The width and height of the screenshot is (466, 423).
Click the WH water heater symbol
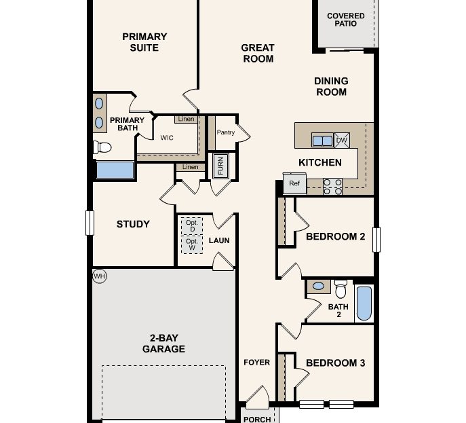[100, 276]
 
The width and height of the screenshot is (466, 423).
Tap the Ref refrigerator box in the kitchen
[294, 183]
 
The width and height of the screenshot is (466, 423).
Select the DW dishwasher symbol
[342, 141]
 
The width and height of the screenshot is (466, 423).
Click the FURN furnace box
[219, 166]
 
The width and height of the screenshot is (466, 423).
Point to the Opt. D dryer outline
[191, 225]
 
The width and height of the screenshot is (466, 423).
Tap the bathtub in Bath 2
[364, 303]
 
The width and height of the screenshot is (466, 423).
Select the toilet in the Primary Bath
[102, 147]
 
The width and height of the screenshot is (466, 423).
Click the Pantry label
[226, 132]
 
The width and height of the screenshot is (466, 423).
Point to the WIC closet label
[167, 137]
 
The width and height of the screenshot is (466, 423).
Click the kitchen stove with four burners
[332, 186]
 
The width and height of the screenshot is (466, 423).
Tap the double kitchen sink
[322, 141]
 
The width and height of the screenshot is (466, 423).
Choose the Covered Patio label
[345, 19]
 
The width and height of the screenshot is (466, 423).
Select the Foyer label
[256, 363]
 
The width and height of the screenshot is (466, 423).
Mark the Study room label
[133, 224]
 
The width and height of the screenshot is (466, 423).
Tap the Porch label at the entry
[256, 419]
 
